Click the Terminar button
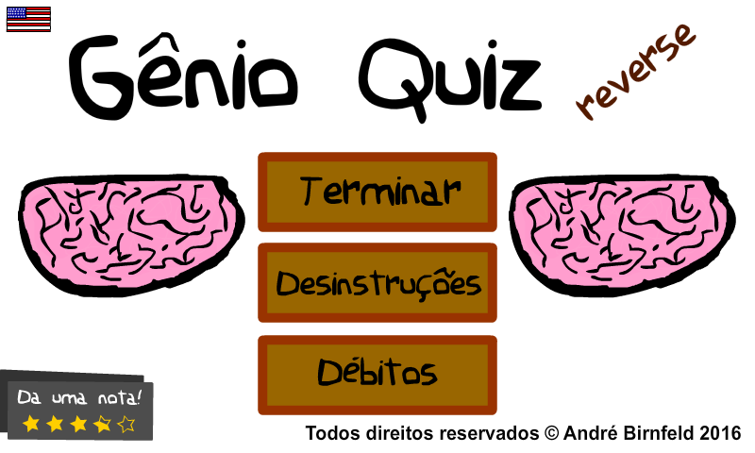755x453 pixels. point(377,193)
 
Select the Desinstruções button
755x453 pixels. point(377,282)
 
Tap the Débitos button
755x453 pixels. point(377,375)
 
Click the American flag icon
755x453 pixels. point(28,19)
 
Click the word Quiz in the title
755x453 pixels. point(450,79)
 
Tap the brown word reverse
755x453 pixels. point(635,71)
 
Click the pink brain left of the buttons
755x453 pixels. point(131,234)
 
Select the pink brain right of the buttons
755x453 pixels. point(622,234)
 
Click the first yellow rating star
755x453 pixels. point(31,424)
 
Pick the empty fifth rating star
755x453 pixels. point(126,424)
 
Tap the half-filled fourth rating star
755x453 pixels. point(103,424)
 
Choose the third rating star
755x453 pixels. point(78,424)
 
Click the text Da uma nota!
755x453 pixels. point(79,397)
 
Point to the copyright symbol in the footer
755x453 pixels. point(551,433)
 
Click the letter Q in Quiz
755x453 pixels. point(394,79)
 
